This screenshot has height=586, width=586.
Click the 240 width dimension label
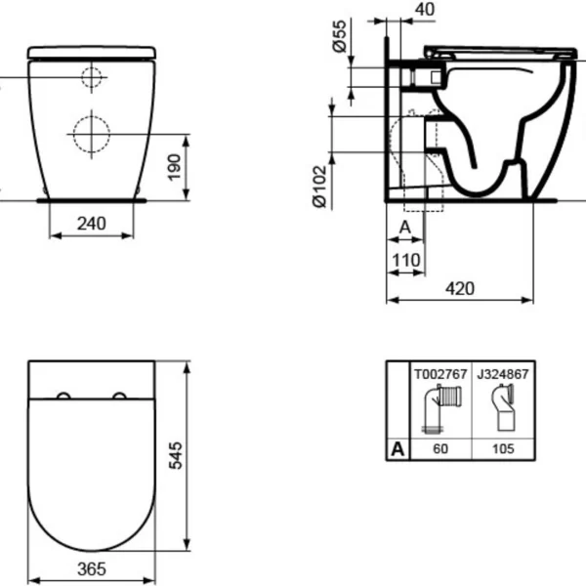[x=91, y=223]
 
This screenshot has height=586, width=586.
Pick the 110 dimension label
[x=406, y=260]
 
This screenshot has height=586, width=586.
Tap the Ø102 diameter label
[x=318, y=186]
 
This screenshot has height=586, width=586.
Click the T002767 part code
[x=438, y=373]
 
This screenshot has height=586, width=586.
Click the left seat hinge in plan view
[x=63, y=396]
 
